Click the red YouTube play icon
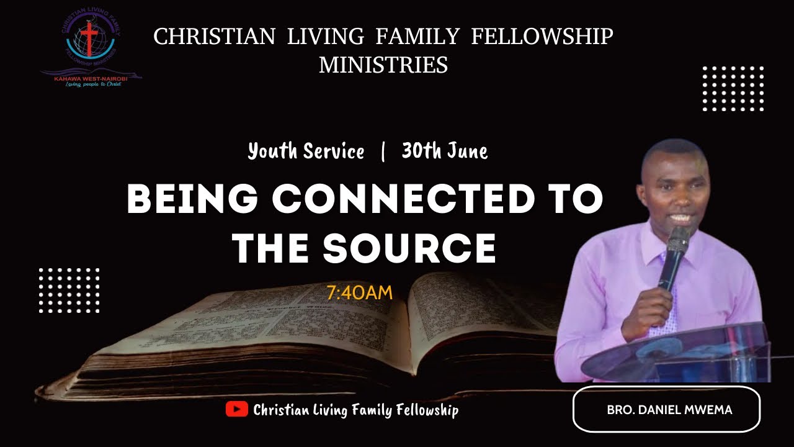tap(236, 409)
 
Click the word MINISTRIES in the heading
tap(383, 65)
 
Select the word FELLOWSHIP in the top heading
tap(542, 37)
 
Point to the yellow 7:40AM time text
tap(360, 292)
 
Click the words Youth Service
tap(306, 151)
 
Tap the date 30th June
tap(444, 151)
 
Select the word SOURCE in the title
tap(410, 248)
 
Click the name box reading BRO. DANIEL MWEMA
tap(666, 409)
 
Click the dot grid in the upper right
tap(733, 88)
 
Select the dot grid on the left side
tap(69, 290)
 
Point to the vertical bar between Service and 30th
tap(383, 151)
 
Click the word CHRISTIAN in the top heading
tap(214, 37)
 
